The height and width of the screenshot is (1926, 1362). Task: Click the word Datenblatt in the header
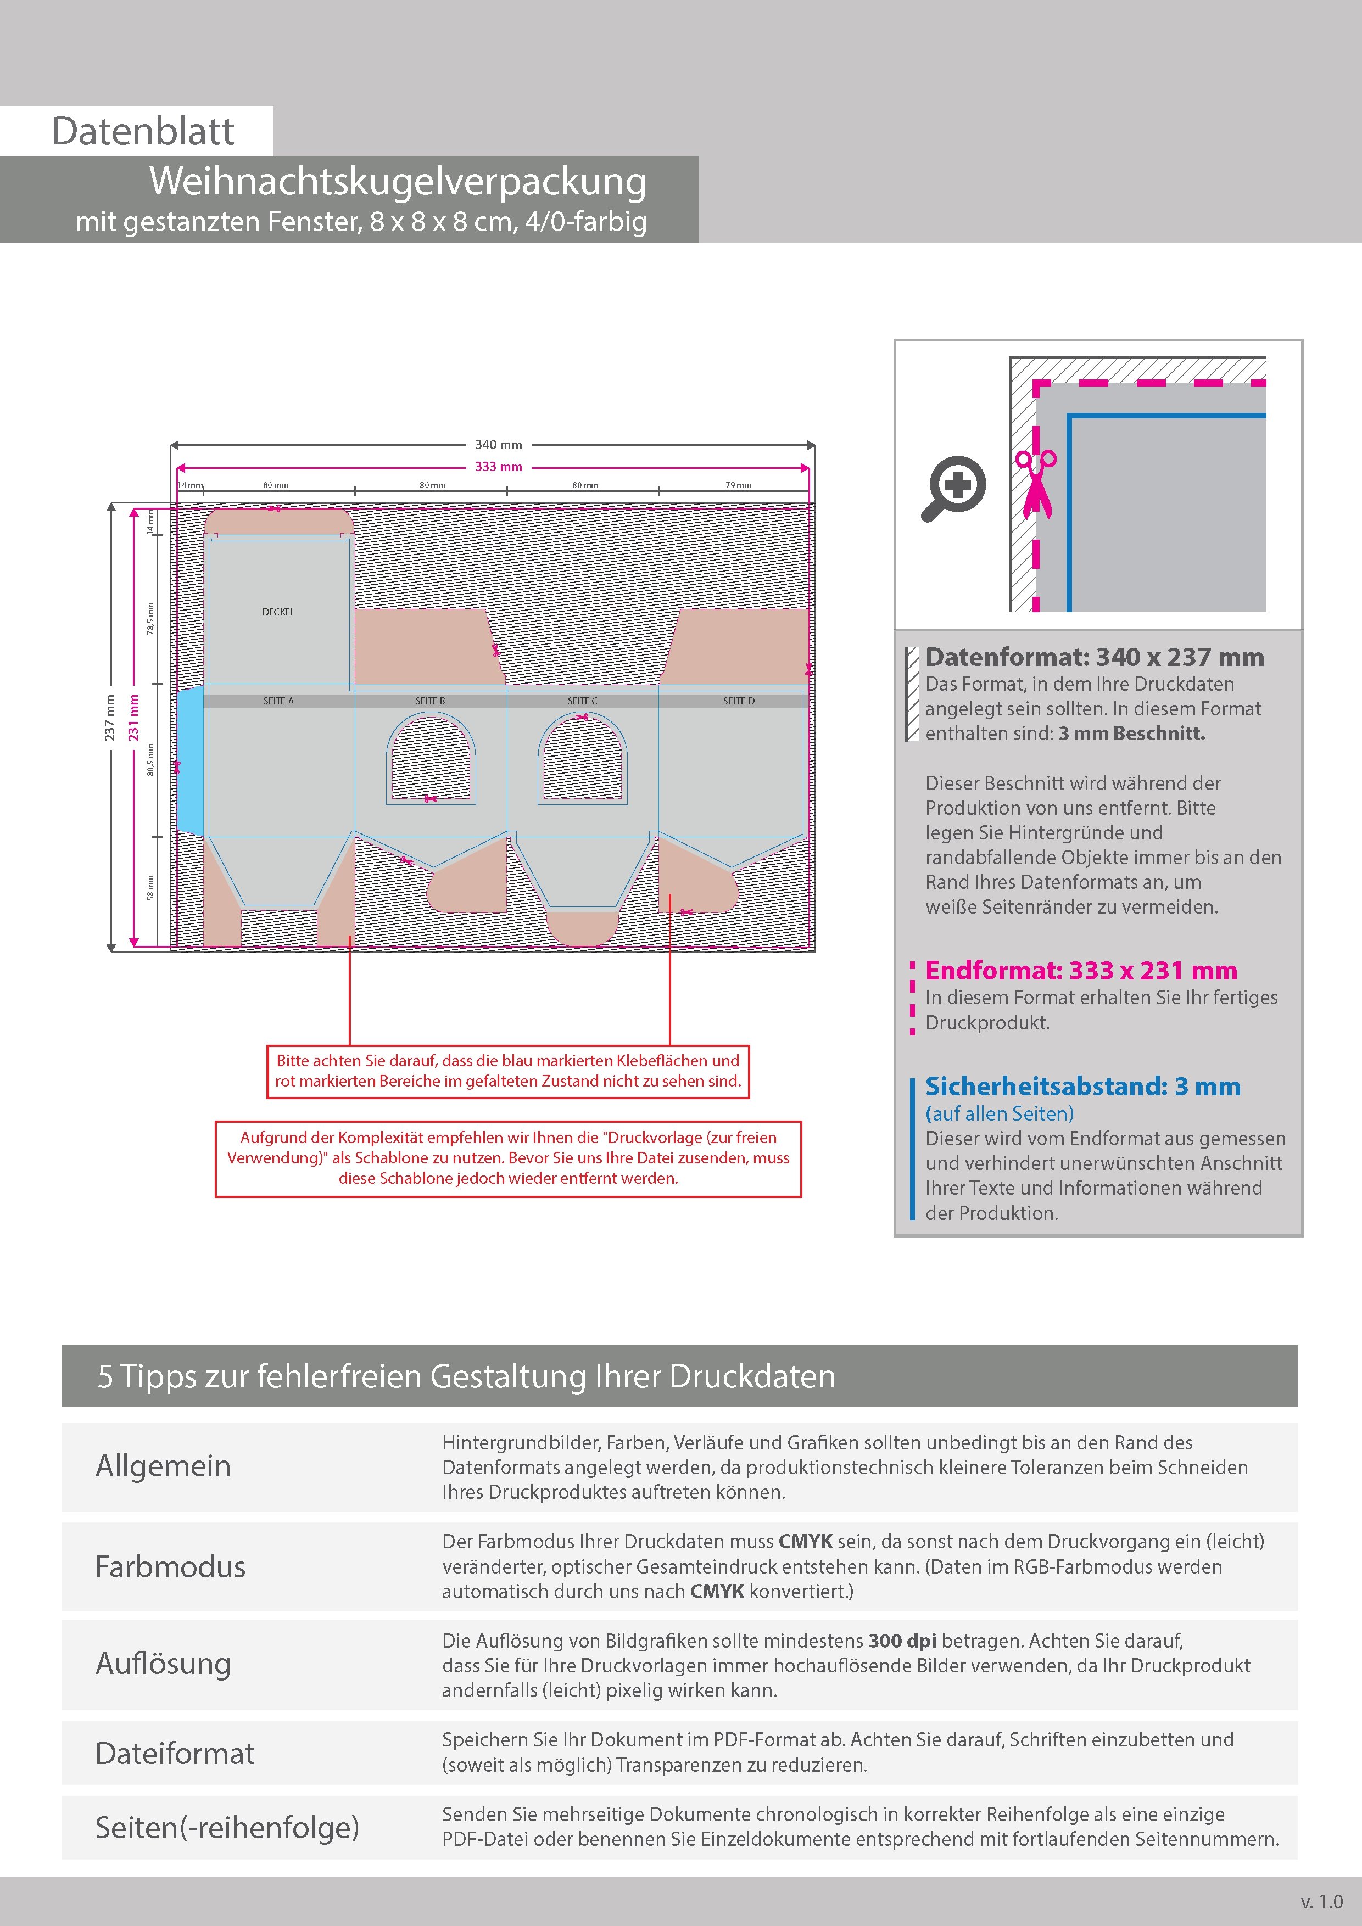point(143,132)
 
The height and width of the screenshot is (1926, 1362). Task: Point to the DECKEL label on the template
point(278,612)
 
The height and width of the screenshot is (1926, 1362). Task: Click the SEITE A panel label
point(278,701)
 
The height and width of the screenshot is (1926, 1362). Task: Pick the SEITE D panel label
point(739,701)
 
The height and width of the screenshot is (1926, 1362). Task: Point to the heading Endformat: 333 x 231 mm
point(1081,971)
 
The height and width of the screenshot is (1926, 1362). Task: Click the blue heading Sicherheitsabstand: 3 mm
point(1082,1087)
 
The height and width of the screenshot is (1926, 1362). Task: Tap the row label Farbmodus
point(170,1566)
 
